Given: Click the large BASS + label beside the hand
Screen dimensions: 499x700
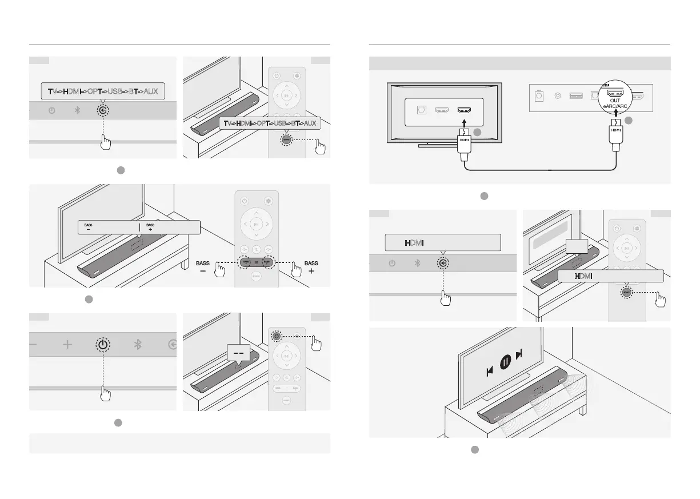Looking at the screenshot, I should click(311, 267).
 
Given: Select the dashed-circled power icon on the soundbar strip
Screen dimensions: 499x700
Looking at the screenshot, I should click(102, 345).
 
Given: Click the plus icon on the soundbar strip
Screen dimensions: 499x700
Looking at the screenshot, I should click(67, 345).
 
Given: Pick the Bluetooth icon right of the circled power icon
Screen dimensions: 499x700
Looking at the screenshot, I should click(137, 345).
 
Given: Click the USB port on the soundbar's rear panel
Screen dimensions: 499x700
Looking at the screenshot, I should click(576, 95).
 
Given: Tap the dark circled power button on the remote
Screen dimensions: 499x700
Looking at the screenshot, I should click(277, 336).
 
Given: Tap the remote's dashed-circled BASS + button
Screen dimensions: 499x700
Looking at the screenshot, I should click(266, 261).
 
